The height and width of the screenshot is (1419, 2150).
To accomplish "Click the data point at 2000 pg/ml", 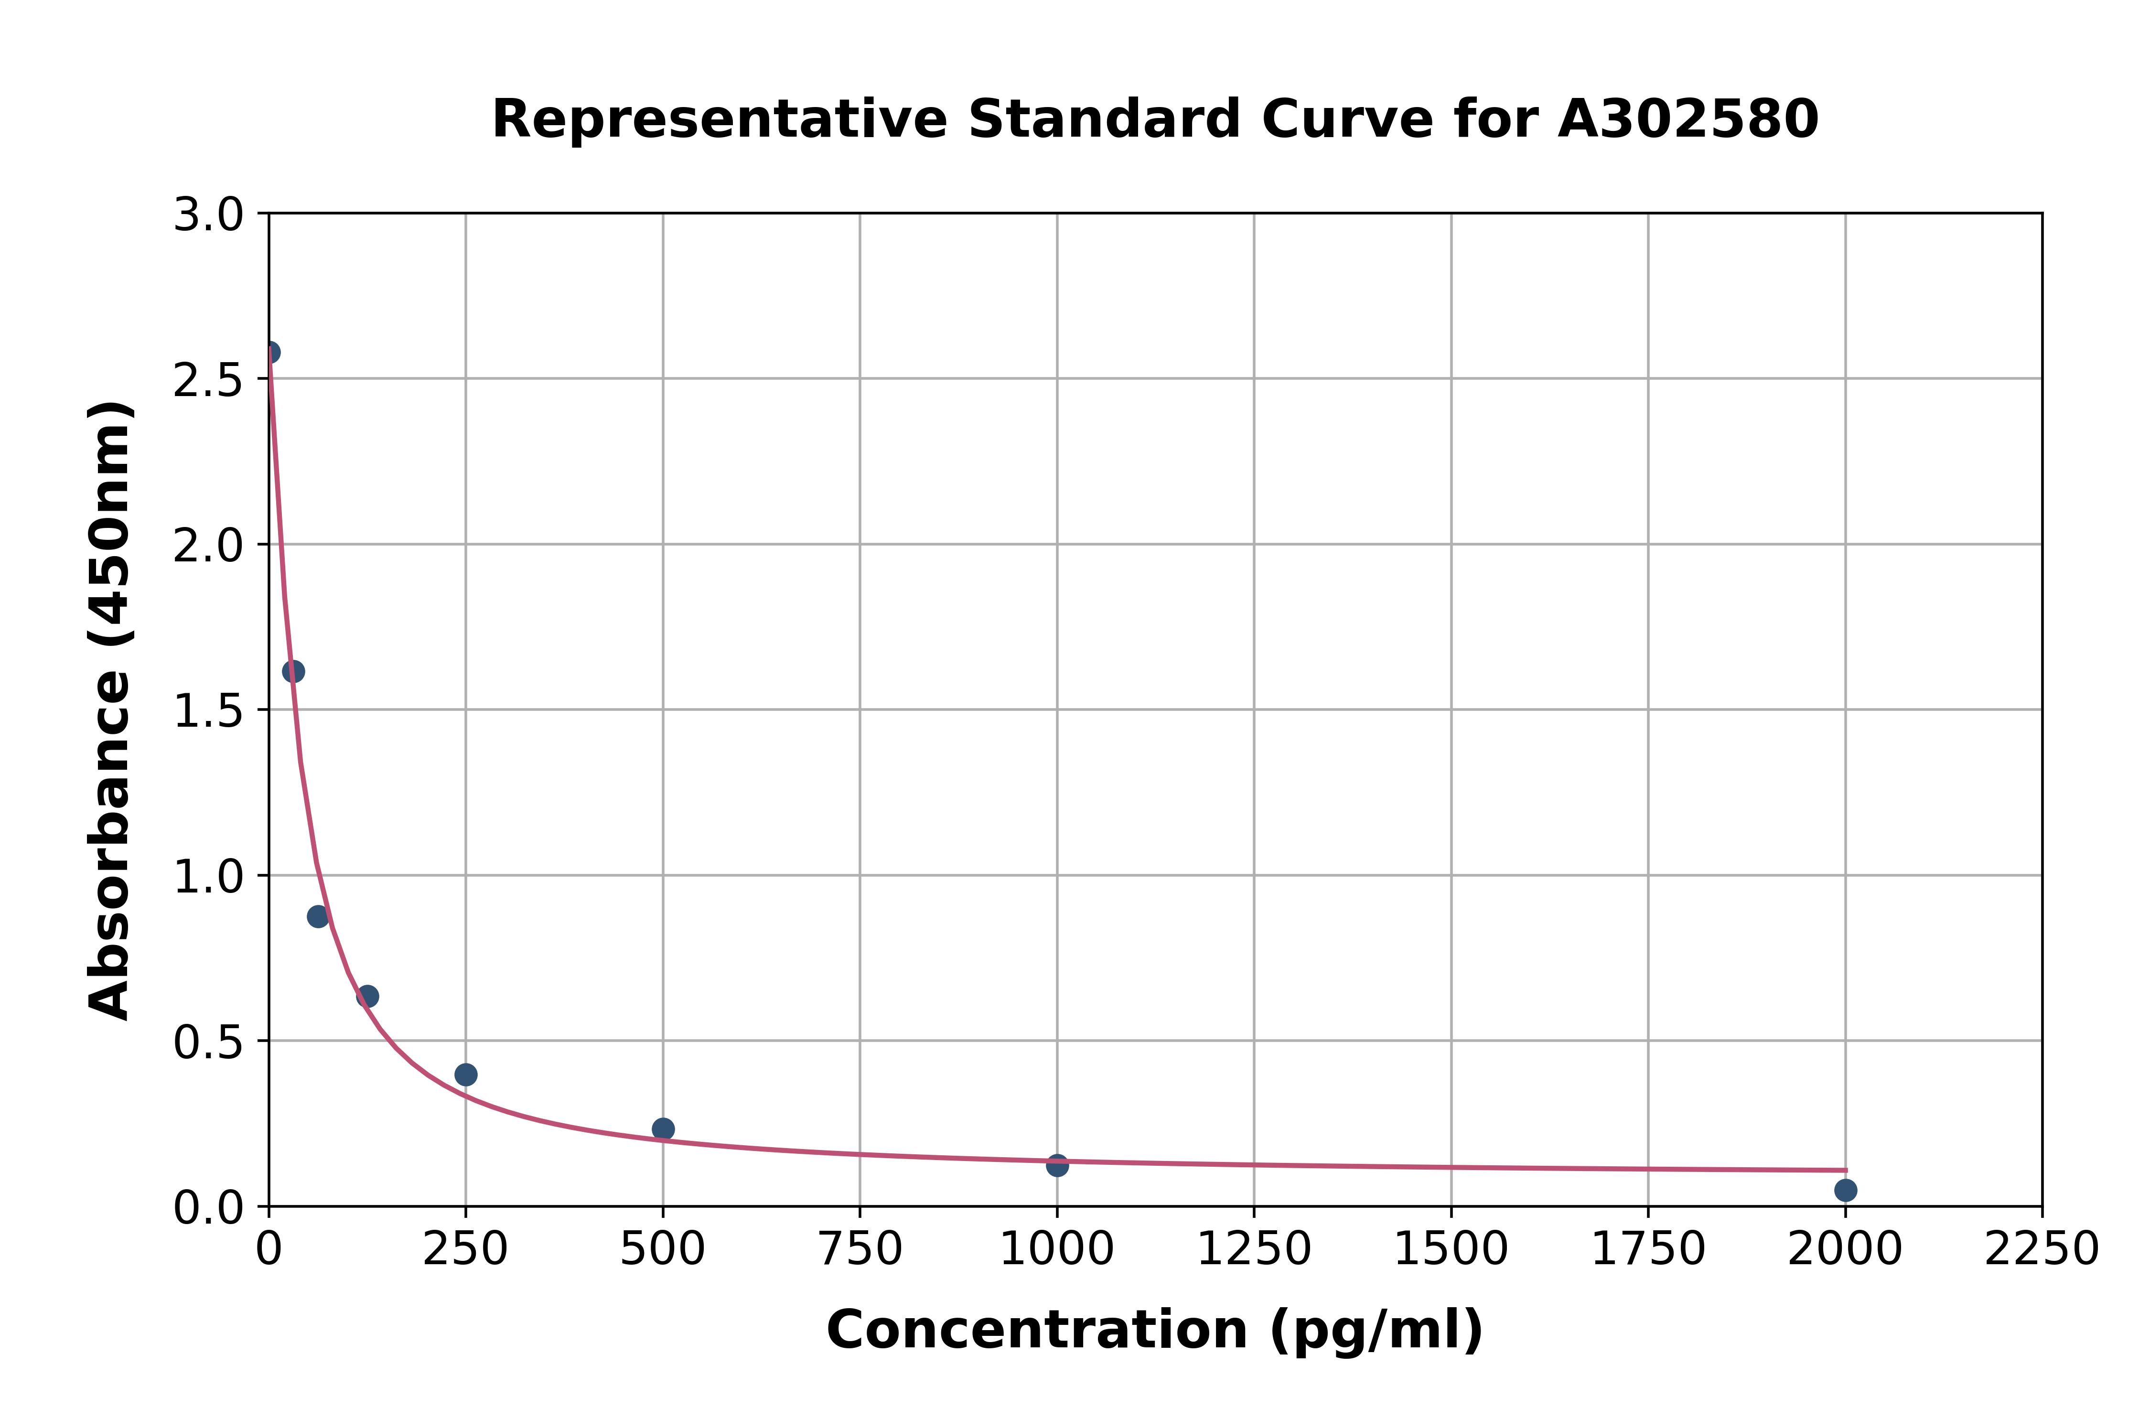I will (1845, 1189).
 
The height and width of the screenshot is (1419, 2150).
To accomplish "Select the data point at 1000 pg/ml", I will (1057, 1165).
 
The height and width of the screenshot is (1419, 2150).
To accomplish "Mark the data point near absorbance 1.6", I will (293, 671).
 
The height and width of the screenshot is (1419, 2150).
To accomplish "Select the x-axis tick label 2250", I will (2042, 1249).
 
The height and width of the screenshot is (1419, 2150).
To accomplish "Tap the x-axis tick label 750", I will (860, 1249).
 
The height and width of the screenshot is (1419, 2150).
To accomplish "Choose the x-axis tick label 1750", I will (1648, 1249).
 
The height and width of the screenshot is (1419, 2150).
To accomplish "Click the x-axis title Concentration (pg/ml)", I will (1155, 1330).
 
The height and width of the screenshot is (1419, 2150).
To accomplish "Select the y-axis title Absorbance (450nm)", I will (110, 710).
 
